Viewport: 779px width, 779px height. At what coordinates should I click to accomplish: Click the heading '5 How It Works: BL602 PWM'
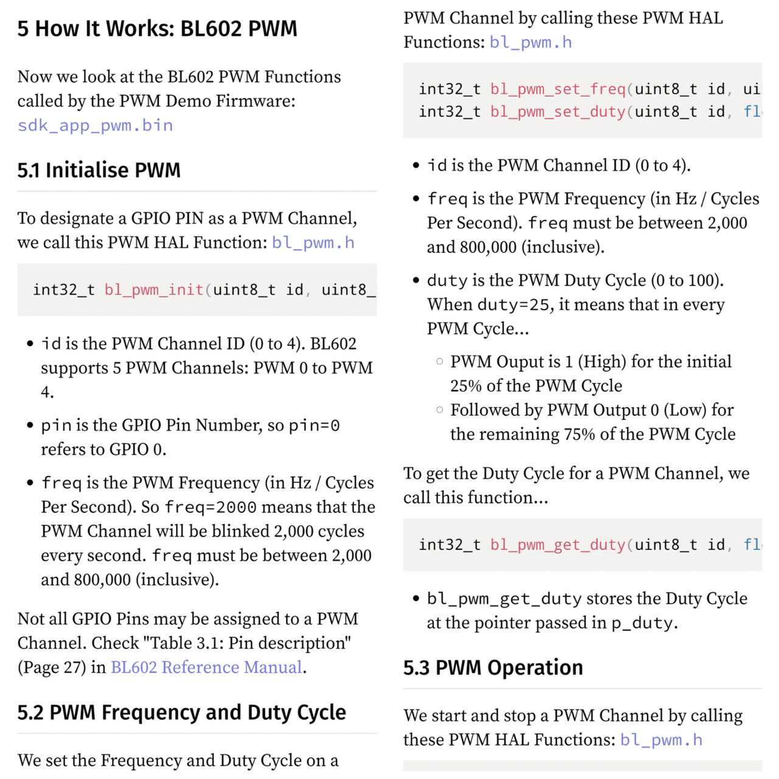(157, 29)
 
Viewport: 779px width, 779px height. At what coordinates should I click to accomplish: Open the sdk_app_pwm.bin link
(95, 125)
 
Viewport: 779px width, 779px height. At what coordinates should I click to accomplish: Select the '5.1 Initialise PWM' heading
(99, 170)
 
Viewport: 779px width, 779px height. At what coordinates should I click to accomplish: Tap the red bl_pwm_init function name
(154, 290)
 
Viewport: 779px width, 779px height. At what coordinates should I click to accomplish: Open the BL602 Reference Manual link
(206, 668)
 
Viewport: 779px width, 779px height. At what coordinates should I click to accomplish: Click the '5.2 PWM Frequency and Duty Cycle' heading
(181, 712)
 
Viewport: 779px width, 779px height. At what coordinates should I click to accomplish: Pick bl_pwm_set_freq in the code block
(558, 89)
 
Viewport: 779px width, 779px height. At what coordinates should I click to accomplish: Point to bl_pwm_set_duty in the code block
(558, 112)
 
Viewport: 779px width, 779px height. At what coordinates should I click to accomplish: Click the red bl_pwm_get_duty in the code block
(558, 545)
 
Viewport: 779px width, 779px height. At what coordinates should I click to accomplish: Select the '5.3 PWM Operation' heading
(493, 668)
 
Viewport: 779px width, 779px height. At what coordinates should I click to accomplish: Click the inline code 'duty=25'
(515, 304)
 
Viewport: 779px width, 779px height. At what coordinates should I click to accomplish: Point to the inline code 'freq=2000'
(211, 507)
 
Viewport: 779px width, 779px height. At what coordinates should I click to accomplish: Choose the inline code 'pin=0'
(314, 425)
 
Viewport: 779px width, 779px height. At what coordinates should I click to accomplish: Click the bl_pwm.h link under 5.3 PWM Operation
(661, 740)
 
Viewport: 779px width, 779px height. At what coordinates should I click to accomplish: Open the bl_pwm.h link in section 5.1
(313, 243)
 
